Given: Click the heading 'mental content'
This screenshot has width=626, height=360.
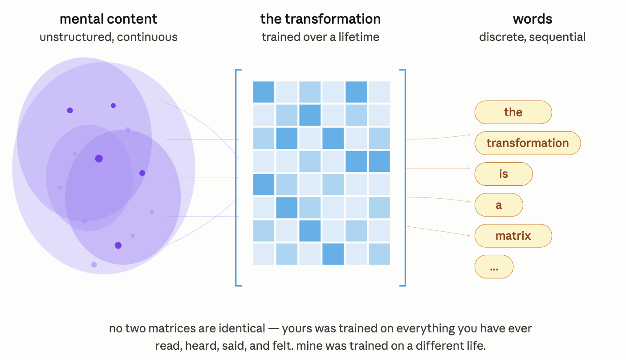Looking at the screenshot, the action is click(x=109, y=19).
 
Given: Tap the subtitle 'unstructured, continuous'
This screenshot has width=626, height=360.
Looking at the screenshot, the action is click(x=109, y=37).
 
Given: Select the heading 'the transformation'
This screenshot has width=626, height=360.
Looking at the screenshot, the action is click(x=321, y=19).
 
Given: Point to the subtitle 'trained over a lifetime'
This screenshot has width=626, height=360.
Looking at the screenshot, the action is click(x=321, y=37).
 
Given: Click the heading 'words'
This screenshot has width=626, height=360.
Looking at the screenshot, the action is click(x=533, y=19).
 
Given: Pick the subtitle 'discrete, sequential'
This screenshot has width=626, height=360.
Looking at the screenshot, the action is click(x=533, y=37).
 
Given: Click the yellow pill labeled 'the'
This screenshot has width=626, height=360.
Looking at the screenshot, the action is click(x=513, y=112).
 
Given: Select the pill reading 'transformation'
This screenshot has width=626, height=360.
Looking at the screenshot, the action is click(x=528, y=143).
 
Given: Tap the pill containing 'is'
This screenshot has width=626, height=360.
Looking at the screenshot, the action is click(x=504, y=174).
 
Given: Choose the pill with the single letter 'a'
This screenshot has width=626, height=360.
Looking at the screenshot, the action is click(x=499, y=205).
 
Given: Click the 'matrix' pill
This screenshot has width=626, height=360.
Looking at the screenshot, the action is click(x=513, y=236).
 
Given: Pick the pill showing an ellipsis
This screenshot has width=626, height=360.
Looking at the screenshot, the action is click(x=494, y=266).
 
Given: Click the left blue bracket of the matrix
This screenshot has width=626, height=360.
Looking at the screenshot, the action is click(x=236, y=178).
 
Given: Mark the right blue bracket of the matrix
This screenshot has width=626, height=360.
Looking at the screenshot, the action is click(x=405, y=178).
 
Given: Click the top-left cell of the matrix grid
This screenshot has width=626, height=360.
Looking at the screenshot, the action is click(x=264, y=92).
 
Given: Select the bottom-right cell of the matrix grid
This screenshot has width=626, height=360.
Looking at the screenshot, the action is click(x=379, y=254).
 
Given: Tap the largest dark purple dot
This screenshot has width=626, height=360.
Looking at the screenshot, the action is click(x=99, y=159).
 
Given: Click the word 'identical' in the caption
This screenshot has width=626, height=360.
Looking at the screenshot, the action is click(x=242, y=328).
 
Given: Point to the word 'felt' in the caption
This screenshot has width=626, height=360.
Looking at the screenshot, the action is click(x=282, y=346).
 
